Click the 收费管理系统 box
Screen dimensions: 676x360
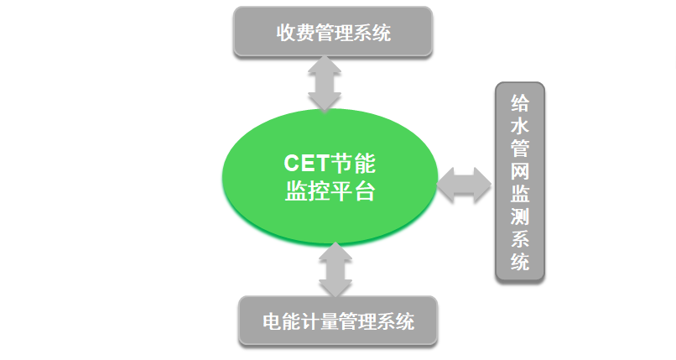pyautogui.click(x=333, y=32)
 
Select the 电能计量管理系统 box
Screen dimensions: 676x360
pyautogui.click(x=338, y=321)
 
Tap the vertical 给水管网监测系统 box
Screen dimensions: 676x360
pyautogui.click(x=520, y=182)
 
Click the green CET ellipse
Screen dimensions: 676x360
pyautogui.click(x=330, y=177)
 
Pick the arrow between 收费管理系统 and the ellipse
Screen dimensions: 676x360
pyautogui.click(x=325, y=83)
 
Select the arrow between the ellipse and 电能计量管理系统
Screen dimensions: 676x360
pyautogui.click(x=335, y=270)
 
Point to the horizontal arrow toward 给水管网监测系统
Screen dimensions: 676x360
pyautogui.click(x=464, y=185)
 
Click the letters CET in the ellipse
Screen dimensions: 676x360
pyautogui.click(x=306, y=164)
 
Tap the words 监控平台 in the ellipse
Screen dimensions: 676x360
pyautogui.click(x=330, y=191)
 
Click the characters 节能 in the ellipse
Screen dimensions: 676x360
pyautogui.click(x=353, y=164)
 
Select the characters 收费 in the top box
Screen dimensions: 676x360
pyautogui.click(x=295, y=33)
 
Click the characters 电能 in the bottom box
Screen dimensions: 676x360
pyautogui.click(x=282, y=321)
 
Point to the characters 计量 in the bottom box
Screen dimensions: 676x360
pyautogui.click(x=320, y=321)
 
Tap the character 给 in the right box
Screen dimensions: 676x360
pyautogui.click(x=520, y=102)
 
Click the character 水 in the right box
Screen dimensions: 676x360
pyautogui.click(x=520, y=126)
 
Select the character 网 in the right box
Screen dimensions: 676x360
pyautogui.click(x=520, y=171)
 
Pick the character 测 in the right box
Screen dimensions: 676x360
pyautogui.click(x=520, y=217)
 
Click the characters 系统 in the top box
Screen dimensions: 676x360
pyautogui.click(x=372, y=33)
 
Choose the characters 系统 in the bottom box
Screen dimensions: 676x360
pyautogui.click(x=395, y=321)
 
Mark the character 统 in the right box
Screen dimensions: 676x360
pyautogui.click(x=520, y=262)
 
